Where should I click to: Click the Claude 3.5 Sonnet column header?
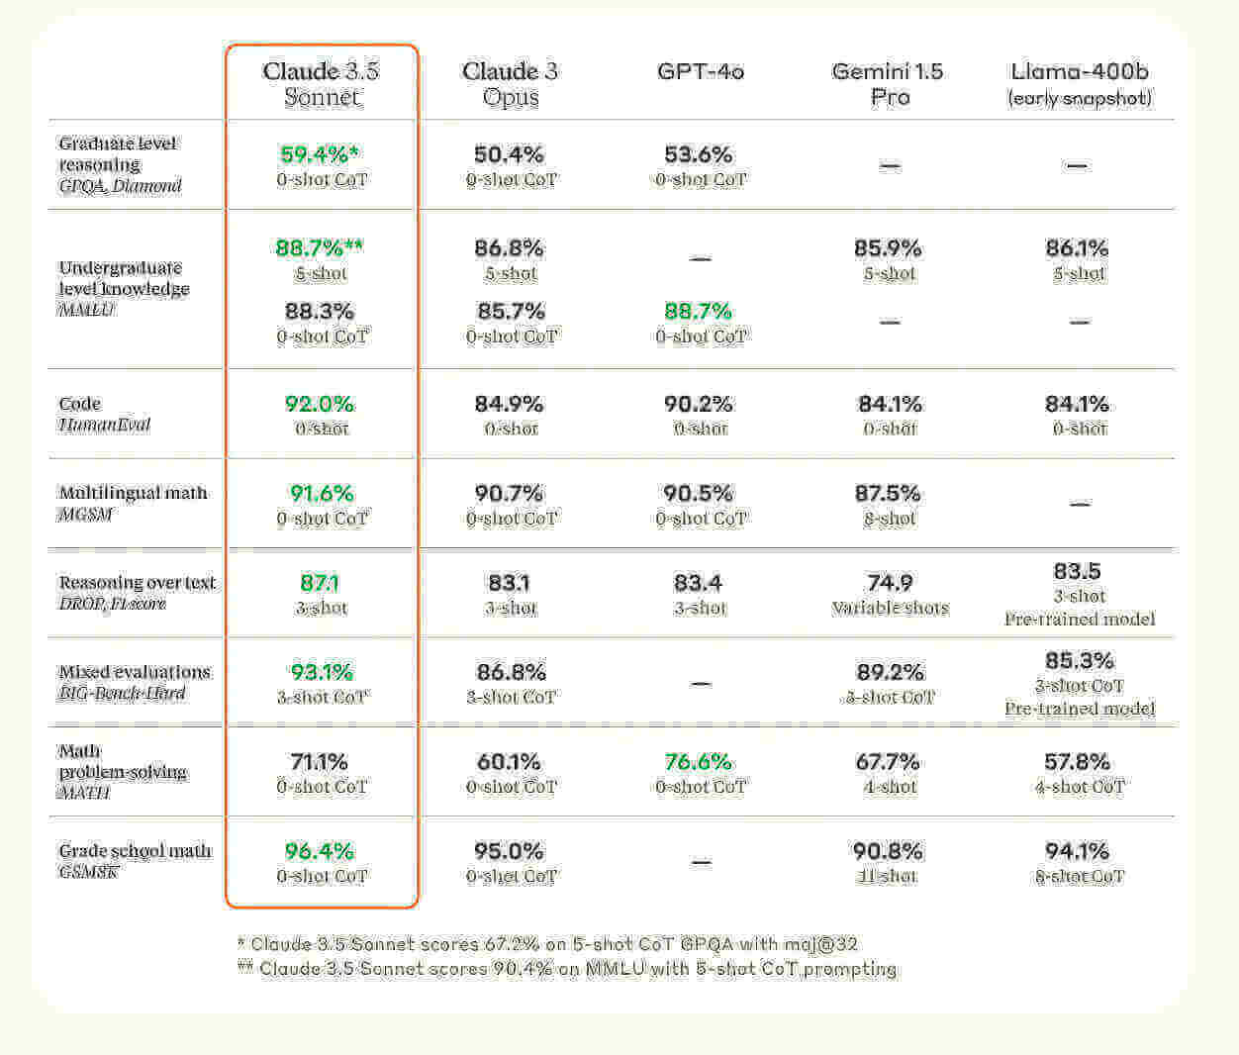(x=321, y=83)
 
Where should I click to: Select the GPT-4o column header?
(x=700, y=71)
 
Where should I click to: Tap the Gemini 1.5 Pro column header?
(x=888, y=83)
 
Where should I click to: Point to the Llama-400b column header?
(x=1079, y=83)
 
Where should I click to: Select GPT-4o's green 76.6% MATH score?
(x=699, y=762)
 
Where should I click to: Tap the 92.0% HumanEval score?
(x=319, y=404)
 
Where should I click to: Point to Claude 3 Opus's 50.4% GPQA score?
(x=509, y=154)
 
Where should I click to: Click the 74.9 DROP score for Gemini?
(x=889, y=583)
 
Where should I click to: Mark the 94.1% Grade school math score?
(x=1079, y=851)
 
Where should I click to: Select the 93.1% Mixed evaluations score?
(x=322, y=672)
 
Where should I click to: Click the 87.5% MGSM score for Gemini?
(x=889, y=493)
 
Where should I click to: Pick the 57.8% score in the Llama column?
(x=1079, y=762)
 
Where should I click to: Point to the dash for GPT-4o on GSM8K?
(x=701, y=862)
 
